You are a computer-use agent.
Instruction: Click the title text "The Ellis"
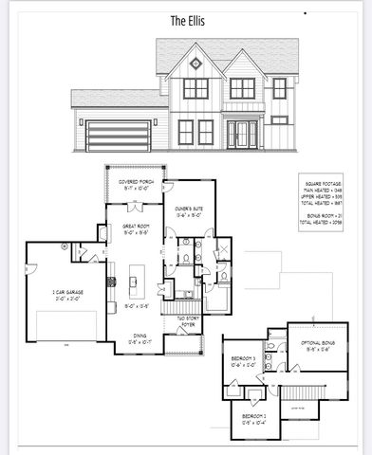point(185,19)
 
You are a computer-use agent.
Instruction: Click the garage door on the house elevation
point(117,136)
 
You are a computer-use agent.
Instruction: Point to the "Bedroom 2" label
point(254,418)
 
